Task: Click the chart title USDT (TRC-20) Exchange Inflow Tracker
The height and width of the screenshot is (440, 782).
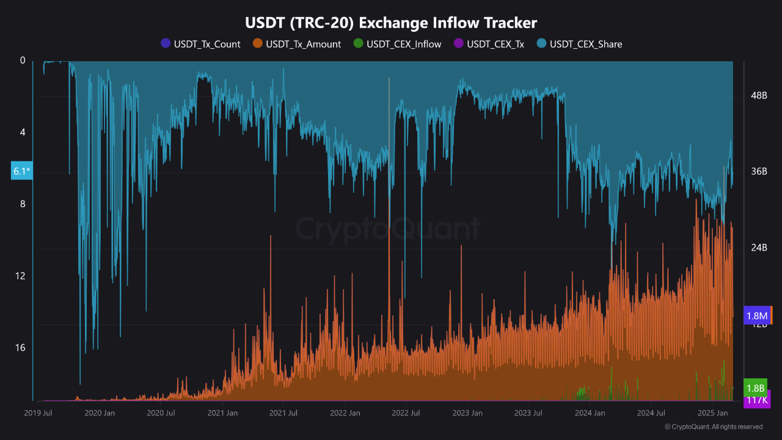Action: (x=391, y=23)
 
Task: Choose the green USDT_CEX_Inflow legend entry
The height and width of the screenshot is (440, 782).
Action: (x=398, y=44)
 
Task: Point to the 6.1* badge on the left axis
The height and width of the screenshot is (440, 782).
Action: (x=21, y=171)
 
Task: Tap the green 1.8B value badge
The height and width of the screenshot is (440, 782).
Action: (x=756, y=387)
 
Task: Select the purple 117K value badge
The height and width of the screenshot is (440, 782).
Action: (x=757, y=400)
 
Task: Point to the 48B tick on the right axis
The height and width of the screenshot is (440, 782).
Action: (x=759, y=95)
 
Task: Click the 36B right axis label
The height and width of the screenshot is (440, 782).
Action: (x=759, y=171)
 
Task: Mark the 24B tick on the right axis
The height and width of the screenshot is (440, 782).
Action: (x=759, y=248)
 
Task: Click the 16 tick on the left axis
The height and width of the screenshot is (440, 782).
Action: (x=22, y=347)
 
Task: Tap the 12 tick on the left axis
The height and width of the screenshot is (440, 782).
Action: (x=22, y=276)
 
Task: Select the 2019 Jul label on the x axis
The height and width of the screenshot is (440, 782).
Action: (x=38, y=413)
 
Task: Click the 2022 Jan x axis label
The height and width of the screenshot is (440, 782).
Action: (x=345, y=413)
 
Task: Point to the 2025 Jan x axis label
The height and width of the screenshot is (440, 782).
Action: (x=712, y=413)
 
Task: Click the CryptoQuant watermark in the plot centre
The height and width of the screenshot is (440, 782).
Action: (x=389, y=229)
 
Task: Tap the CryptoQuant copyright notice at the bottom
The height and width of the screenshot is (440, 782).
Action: (x=713, y=427)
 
